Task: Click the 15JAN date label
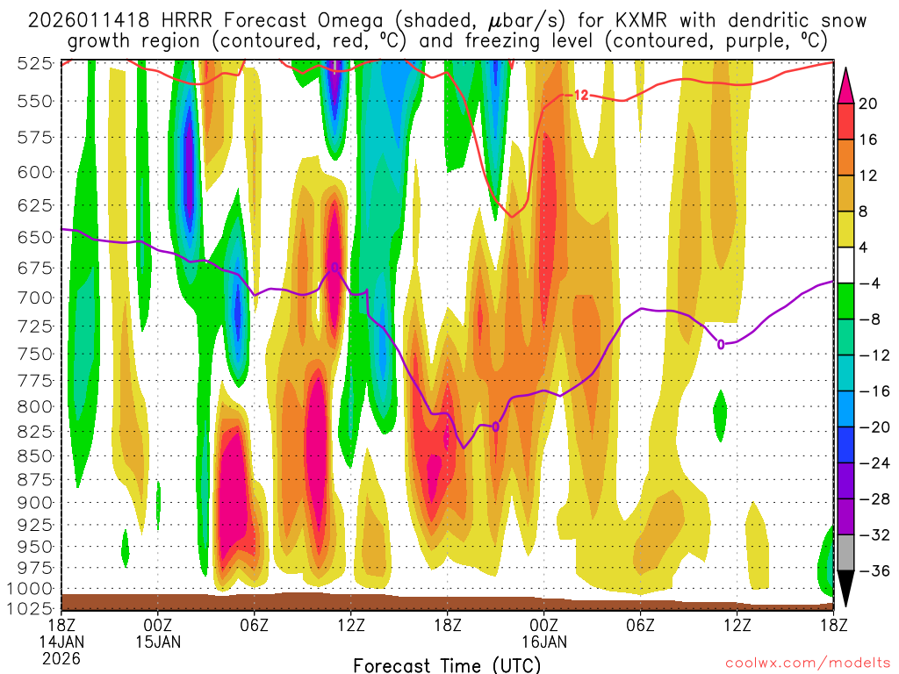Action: tap(158, 641)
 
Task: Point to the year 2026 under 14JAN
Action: tap(61, 657)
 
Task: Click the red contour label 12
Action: tap(580, 95)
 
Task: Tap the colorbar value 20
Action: tap(868, 103)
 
